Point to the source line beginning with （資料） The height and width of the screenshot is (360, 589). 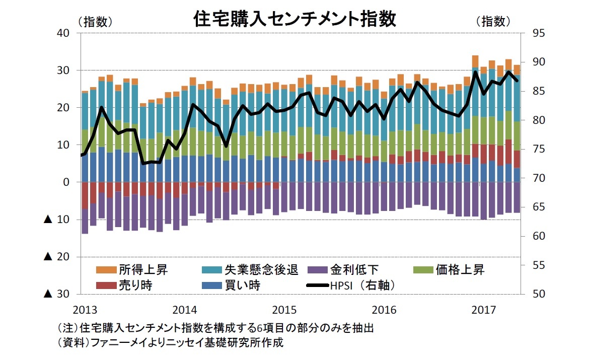tap(171, 343)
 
